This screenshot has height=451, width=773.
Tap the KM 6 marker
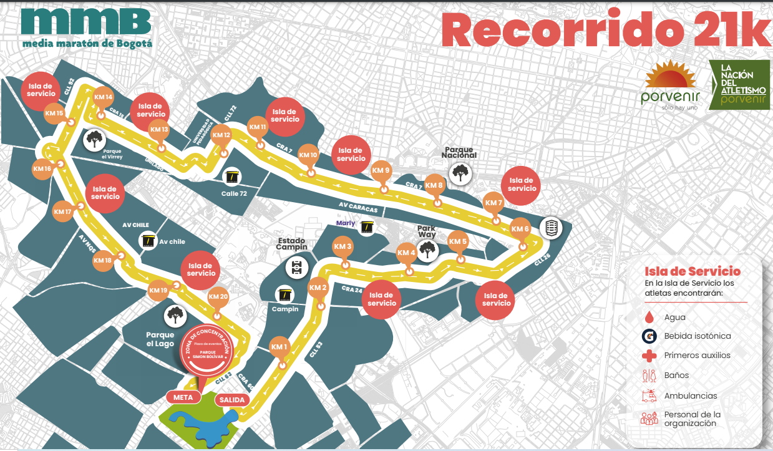click(x=520, y=229)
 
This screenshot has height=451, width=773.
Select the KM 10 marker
click(x=309, y=155)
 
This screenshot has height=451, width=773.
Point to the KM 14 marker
click(x=103, y=98)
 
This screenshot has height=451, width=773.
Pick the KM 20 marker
click(x=218, y=297)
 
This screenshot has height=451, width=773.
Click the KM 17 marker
click(x=64, y=212)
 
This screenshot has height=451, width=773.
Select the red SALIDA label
click(x=232, y=400)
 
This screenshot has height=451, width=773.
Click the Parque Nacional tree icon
click(x=460, y=172)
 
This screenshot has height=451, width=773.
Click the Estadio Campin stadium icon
click(x=296, y=268)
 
